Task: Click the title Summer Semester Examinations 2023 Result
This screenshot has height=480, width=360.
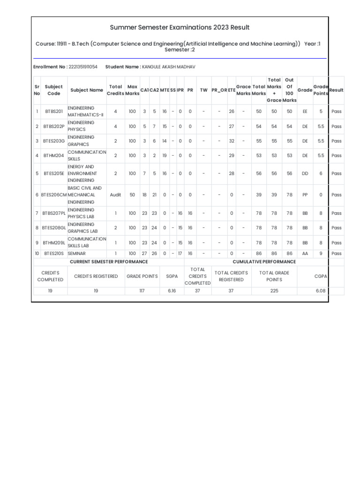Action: pos(180,28)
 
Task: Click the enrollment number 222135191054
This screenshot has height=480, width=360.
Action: pos(83,67)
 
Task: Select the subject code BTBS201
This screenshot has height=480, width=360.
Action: pos(53,112)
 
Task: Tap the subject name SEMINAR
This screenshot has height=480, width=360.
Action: pos(77,254)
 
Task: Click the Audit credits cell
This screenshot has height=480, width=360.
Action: pos(115,195)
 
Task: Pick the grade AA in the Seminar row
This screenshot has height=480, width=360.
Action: pos(305,254)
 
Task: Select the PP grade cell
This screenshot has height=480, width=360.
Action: pos(305,195)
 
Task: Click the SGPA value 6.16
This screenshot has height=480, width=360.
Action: pos(172,291)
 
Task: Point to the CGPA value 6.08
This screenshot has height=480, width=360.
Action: pos(321,291)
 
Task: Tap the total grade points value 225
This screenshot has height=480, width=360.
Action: pos(274,291)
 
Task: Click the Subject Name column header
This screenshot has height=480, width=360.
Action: pos(87,90)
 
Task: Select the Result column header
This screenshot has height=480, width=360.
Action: pos(337,90)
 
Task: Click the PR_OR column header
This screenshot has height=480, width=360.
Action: pos(219,90)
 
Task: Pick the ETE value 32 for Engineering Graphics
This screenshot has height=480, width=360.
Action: pos(232,141)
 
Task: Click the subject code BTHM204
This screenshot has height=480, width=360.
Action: pos(53,156)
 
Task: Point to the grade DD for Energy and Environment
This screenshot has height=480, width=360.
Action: pos(305,173)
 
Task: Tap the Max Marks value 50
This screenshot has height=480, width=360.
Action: pos(132,195)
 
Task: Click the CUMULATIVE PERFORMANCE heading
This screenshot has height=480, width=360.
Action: pos(264,262)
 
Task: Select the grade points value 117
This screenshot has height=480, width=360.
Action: pos(142,291)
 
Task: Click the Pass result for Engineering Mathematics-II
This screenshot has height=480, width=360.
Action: pos(337,112)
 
